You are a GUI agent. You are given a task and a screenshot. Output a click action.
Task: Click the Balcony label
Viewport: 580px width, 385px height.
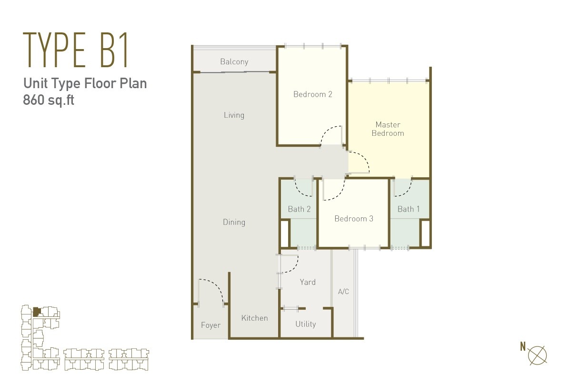tap(234, 61)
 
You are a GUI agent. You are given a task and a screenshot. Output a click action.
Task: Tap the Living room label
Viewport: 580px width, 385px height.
tap(234, 115)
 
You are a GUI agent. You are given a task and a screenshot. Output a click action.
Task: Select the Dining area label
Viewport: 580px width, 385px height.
tap(234, 222)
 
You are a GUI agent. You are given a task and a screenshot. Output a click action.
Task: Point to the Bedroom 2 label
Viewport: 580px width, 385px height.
tap(312, 94)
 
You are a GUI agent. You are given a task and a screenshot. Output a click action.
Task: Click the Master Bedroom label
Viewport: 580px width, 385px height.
tap(388, 129)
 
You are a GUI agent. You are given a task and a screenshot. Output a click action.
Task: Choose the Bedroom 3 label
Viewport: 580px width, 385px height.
tap(354, 218)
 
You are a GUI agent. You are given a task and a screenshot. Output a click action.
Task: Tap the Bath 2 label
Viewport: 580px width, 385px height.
tap(299, 209)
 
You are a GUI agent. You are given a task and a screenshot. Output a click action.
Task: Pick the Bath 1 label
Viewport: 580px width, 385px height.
tap(408, 209)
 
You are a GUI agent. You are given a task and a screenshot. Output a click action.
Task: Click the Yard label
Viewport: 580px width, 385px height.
tap(308, 282)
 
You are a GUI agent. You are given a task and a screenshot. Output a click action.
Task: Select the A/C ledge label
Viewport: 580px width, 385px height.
tap(343, 292)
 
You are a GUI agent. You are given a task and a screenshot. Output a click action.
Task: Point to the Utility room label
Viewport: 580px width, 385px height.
tap(306, 324)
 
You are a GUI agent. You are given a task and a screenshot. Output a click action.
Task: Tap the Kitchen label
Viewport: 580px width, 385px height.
tap(255, 318)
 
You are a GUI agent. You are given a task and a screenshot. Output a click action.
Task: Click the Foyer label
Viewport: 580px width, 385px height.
tap(210, 325)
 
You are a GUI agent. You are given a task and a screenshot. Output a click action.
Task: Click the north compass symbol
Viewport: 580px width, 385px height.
tap(537, 355)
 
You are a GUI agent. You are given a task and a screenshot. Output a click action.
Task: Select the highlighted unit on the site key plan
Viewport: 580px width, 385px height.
tap(37, 312)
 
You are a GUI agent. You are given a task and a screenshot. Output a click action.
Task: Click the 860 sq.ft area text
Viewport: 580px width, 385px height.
tap(49, 100)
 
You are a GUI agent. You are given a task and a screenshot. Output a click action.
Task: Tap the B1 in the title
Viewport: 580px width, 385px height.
tap(114, 50)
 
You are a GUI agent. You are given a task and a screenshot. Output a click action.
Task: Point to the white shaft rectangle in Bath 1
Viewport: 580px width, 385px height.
tap(425, 233)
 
